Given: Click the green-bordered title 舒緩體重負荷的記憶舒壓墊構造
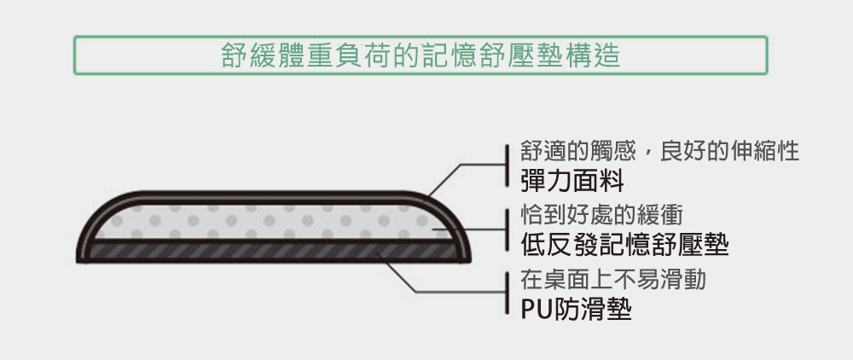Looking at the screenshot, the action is pos(420,55).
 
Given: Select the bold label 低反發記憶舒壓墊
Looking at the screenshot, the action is pos(624,245).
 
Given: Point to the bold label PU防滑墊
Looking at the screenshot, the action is pos(576,309).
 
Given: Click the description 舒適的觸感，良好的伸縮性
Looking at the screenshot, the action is pos(660,151).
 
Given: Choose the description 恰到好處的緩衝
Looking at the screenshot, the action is pos(601,215).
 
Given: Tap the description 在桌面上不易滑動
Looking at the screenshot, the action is pos(613,280).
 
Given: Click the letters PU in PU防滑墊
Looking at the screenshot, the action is pos(536,309).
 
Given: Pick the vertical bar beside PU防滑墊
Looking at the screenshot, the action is pos(507,293).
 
